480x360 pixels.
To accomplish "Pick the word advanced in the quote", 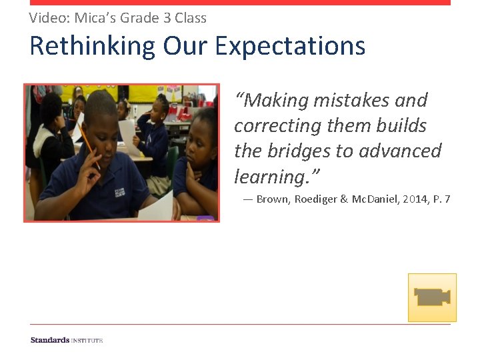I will (x=399, y=151).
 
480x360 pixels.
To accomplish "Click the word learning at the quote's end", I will (x=273, y=177).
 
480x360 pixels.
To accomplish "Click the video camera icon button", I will (x=432, y=297).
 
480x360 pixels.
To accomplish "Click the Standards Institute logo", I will (x=67, y=340).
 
